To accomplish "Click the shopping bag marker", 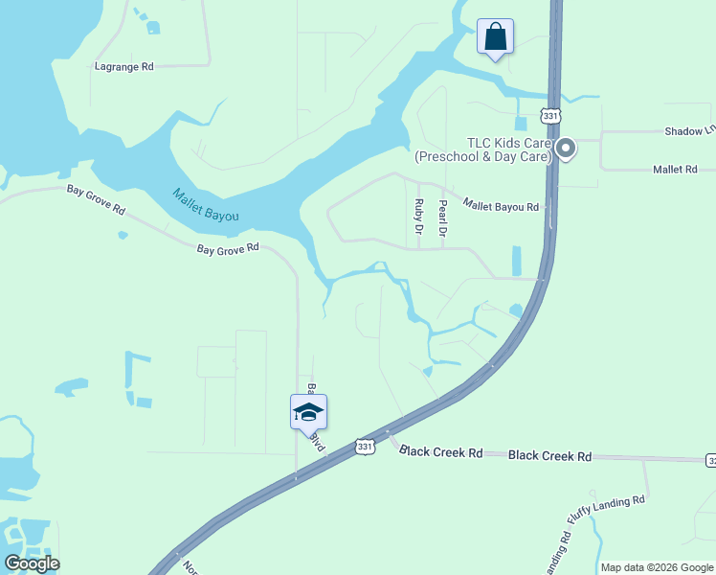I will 495,37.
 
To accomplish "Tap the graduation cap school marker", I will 308,412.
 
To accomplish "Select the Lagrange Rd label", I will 124,67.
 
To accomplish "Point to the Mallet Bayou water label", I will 206,204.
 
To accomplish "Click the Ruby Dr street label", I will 418,217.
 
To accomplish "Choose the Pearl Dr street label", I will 442,218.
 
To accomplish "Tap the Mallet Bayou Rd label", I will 501,205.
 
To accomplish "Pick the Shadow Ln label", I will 690,130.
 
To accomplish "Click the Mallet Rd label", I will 675,169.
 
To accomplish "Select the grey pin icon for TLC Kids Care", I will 565,149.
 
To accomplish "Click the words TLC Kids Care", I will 507,143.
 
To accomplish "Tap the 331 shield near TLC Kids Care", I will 549,115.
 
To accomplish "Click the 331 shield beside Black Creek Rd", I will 365,447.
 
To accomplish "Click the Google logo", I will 32,563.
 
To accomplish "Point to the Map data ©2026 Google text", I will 657,567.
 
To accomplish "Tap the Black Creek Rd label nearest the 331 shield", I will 441,451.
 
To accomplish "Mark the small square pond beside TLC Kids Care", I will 520,124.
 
